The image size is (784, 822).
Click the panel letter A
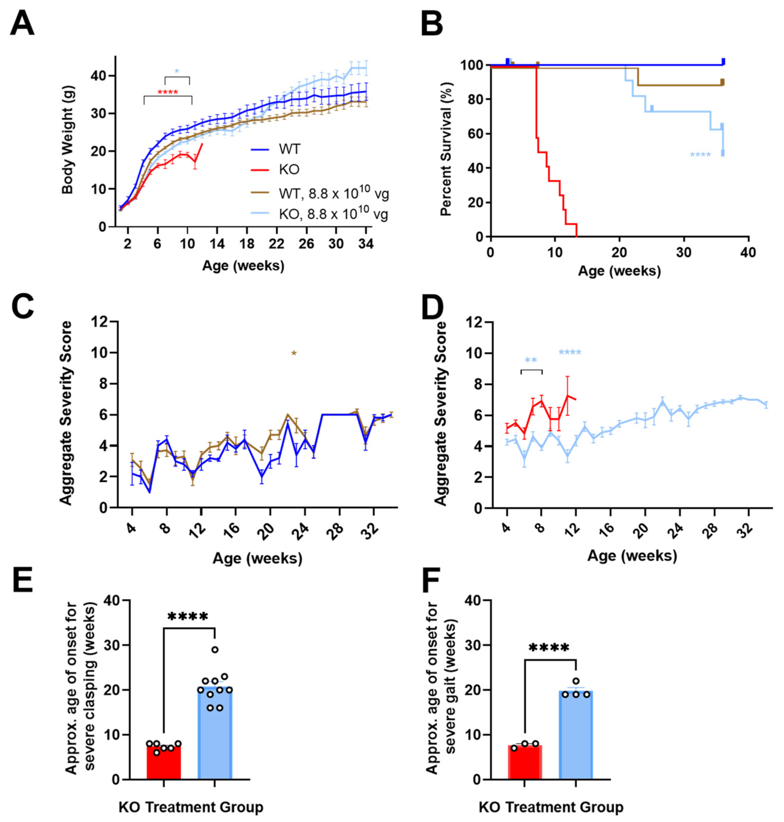pyautogui.click(x=22, y=24)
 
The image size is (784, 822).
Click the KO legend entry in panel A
pyautogui.click(x=289, y=169)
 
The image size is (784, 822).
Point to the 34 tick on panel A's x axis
pyautogui.click(x=366, y=244)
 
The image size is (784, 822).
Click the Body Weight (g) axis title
pyautogui.click(x=67, y=140)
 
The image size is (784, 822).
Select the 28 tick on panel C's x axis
pyautogui.click(x=338, y=529)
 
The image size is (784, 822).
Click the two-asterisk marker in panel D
pyautogui.click(x=530, y=360)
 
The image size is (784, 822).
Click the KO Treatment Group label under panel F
pyautogui.click(x=551, y=807)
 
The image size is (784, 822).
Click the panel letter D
pyautogui.click(x=433, y=308)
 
